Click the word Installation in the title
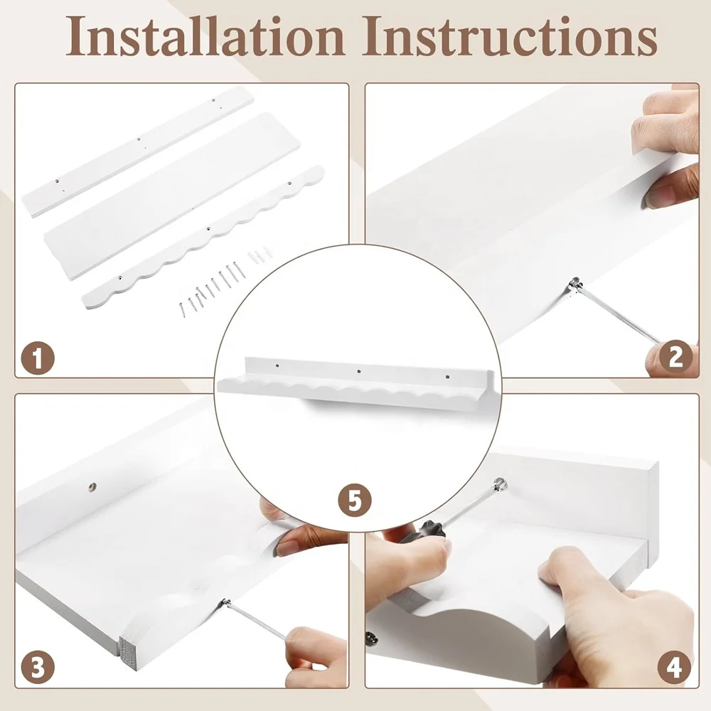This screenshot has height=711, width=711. tap(205, 36)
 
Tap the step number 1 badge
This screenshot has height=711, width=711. tap(38, 358)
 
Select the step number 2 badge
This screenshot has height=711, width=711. tap(675, 357)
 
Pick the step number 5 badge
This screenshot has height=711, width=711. tap(355, 500)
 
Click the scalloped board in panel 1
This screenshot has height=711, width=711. tap(203, 237)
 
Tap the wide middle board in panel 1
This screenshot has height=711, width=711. tap(172, 196)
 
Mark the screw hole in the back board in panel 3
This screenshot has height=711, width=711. tap(92, 486)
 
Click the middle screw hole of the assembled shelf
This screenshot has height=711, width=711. tap(359, 371)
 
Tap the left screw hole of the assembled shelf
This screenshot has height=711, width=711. tap(277, 365)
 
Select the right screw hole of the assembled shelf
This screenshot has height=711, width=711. tap(447, 376)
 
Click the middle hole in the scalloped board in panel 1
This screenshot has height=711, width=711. tap(208, 229)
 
